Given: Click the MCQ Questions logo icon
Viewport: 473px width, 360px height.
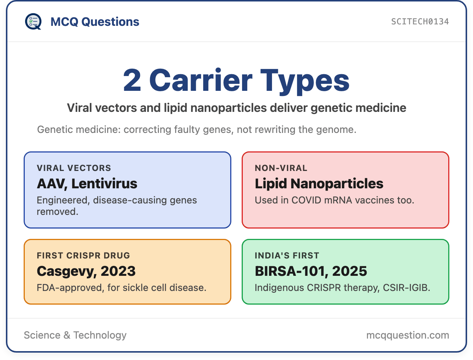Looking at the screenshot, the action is tap(33, 21).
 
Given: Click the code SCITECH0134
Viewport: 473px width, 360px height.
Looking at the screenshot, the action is tap(420, 22).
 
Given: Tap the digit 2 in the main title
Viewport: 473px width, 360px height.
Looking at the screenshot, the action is tap(132, 80).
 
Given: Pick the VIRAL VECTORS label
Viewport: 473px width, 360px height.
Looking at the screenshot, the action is tap(74, 168).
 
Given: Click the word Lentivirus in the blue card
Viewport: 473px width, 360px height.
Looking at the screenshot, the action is tap(104, 184).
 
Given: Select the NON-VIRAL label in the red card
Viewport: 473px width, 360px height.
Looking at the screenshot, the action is tap(281, 168).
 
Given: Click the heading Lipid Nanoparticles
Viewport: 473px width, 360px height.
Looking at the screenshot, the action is tap(319, 184).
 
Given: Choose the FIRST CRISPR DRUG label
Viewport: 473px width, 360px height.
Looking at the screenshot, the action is tap(84, 256).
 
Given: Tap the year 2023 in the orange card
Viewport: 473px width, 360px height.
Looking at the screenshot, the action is tap(118, 271).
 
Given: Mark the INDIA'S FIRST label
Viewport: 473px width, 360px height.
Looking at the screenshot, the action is tap(287, 256).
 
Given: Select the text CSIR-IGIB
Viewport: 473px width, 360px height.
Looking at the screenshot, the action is tap(406, 288).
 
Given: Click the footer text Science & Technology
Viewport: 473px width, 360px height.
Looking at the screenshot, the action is tap(75, 335).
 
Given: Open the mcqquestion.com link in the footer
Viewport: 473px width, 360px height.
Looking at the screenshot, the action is tap(408, 336).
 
